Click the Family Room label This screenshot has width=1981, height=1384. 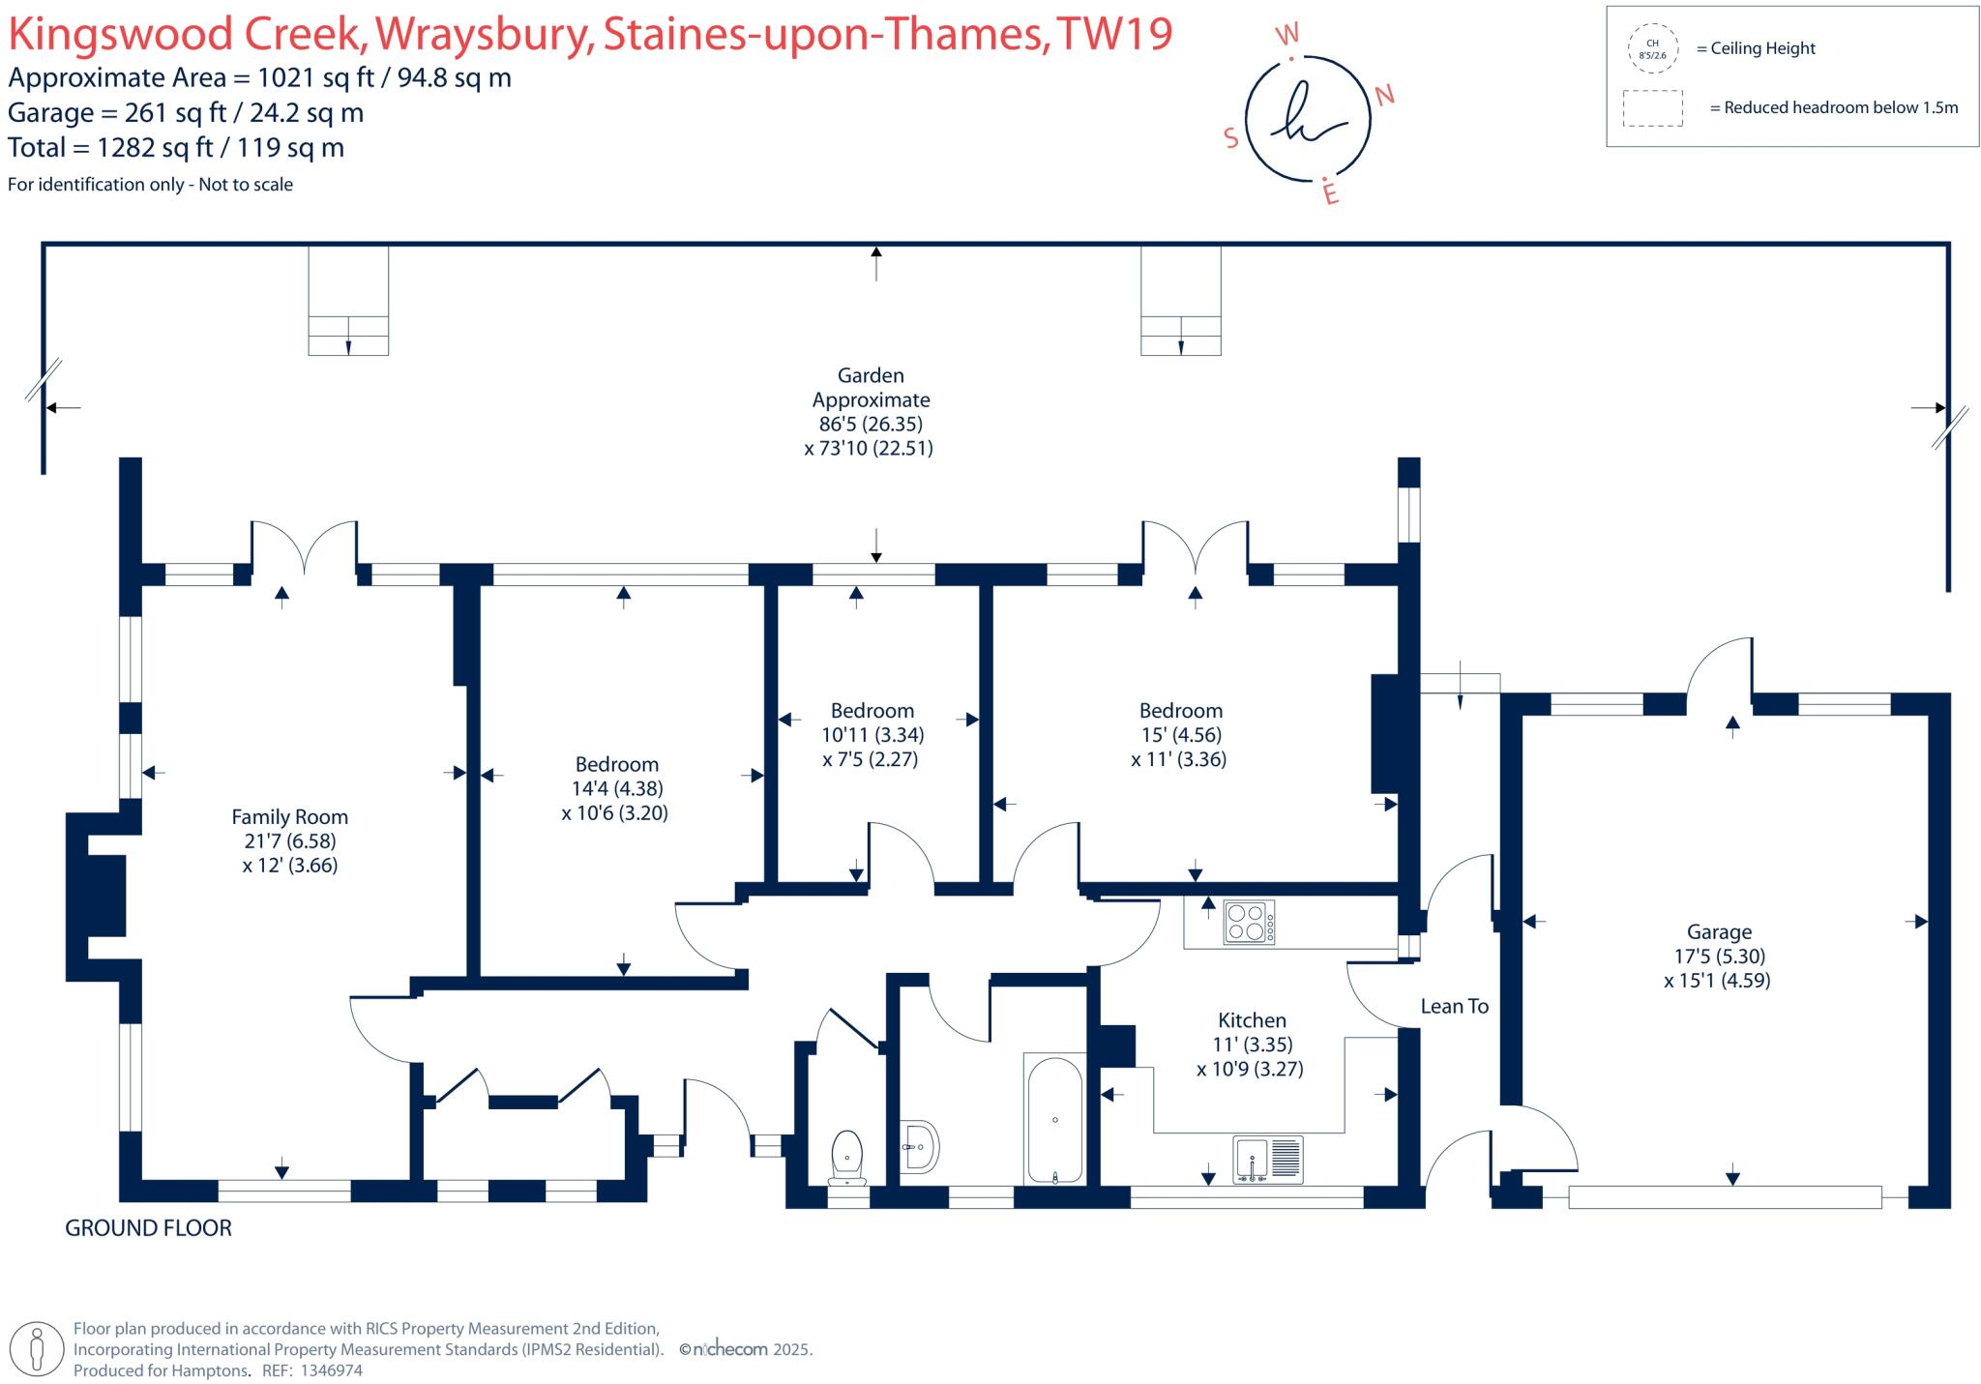(x=289, y=817)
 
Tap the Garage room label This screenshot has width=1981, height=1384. (x=1719, y=932)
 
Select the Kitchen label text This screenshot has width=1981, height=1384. (x=1252, y=1020)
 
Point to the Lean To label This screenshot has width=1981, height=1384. (x=1454, y=1007)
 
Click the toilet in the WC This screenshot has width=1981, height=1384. (x=847, y=1157)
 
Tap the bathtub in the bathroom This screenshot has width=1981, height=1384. (x=1054, y=1119)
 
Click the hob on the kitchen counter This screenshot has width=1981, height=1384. (x=1249, y=922)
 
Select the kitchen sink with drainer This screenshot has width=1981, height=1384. (x=1268, y=1160)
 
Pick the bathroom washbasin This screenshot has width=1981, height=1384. (x=919, y=1147)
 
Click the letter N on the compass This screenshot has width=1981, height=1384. (x=1384, y=95)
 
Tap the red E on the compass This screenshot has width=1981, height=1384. (x=1331, y=194)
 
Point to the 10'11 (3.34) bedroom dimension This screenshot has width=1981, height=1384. (x=872, y=735)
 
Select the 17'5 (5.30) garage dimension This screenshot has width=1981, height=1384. (x=1719, y=957)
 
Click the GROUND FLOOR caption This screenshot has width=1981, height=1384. (x=148, y=1228)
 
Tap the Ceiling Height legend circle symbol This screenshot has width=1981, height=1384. (x=1652, y=49)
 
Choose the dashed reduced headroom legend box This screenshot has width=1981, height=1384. (x=1652, y=108)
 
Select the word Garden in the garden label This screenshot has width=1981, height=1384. (x=871, y=375)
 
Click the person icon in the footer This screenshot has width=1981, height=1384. (x=38, y=1348)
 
